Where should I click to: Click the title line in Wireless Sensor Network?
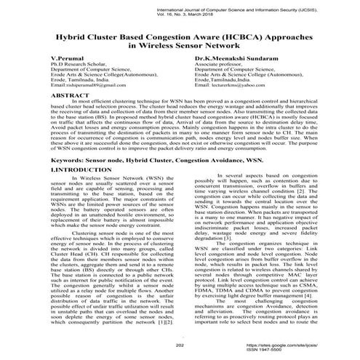point(180,44)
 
